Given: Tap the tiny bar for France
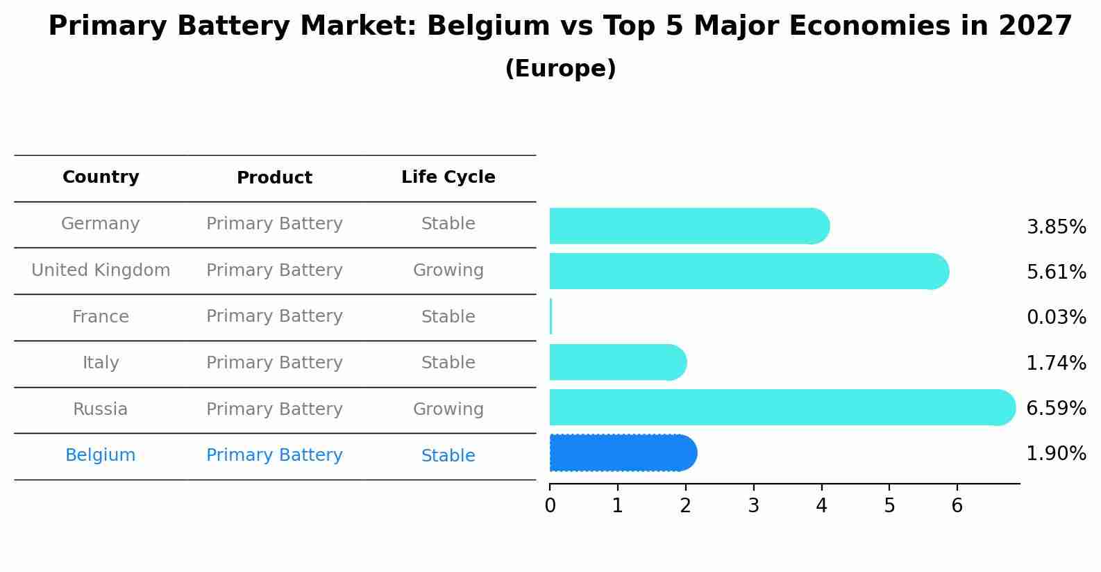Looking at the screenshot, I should pos(551,317).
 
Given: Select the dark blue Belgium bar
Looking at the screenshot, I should pos(622,453).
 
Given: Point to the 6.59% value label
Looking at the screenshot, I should pos(1056,408).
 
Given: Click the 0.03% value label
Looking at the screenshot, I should pos(1056,318).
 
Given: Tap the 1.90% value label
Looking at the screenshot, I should pos(1056,454).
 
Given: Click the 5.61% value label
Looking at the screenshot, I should pos(1056,272).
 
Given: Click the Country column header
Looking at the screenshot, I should pos(101,177).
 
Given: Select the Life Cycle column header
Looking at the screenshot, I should pos(448,177).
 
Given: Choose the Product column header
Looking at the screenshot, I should pos(274,178).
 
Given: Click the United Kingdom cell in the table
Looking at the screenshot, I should pos(101,270).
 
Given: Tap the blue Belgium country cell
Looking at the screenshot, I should pos(101,455).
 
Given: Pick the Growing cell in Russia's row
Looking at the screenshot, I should pos(448,409).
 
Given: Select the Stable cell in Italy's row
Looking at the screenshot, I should pos(448,363).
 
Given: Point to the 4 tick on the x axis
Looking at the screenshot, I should pos(821,506).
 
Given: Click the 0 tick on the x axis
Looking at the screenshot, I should pos(550,506).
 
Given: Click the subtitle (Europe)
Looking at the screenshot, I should pos(560,69).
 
